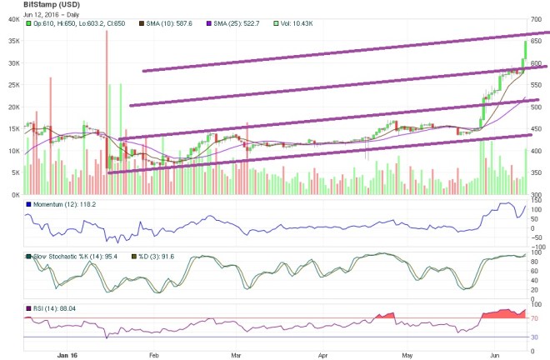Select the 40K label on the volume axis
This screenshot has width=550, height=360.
point(13,19)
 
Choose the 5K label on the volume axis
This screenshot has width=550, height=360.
point(15,172)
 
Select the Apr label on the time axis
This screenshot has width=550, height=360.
point(322,353)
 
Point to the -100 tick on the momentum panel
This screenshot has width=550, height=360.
point(538,247)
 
